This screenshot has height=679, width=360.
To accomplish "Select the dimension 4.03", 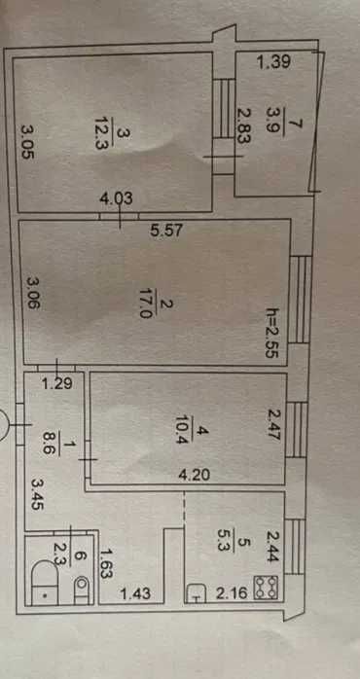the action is click(116, 197).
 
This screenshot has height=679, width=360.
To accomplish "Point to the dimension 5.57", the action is click(168, 231).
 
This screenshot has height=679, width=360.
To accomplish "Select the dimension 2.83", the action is click(243, 125).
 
